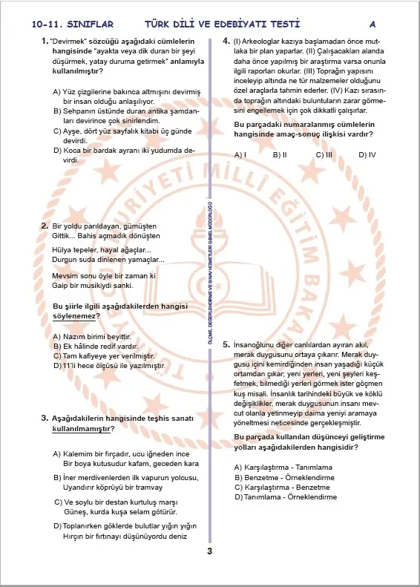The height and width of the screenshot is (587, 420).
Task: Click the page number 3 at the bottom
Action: [x=210, y=551]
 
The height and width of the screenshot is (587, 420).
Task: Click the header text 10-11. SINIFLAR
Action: [x=62, y=24]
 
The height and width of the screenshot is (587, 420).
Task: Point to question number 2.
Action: [x=44, y=225]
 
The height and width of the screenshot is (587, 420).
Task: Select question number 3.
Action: [x=44, y=419]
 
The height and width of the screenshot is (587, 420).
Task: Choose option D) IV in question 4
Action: [x=367, y=155]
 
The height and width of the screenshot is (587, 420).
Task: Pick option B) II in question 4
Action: [x=280, y=155]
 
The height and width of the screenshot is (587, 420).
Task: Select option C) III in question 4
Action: [x=324, y=155]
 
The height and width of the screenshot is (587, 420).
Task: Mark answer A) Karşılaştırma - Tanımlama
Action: [x=282, y=467]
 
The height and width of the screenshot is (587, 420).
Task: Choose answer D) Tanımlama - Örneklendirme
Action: [x=286, y=496]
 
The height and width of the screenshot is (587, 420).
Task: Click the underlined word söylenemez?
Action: [x=76, y=315]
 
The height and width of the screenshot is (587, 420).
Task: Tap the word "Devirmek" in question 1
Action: [x=67, y=40]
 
